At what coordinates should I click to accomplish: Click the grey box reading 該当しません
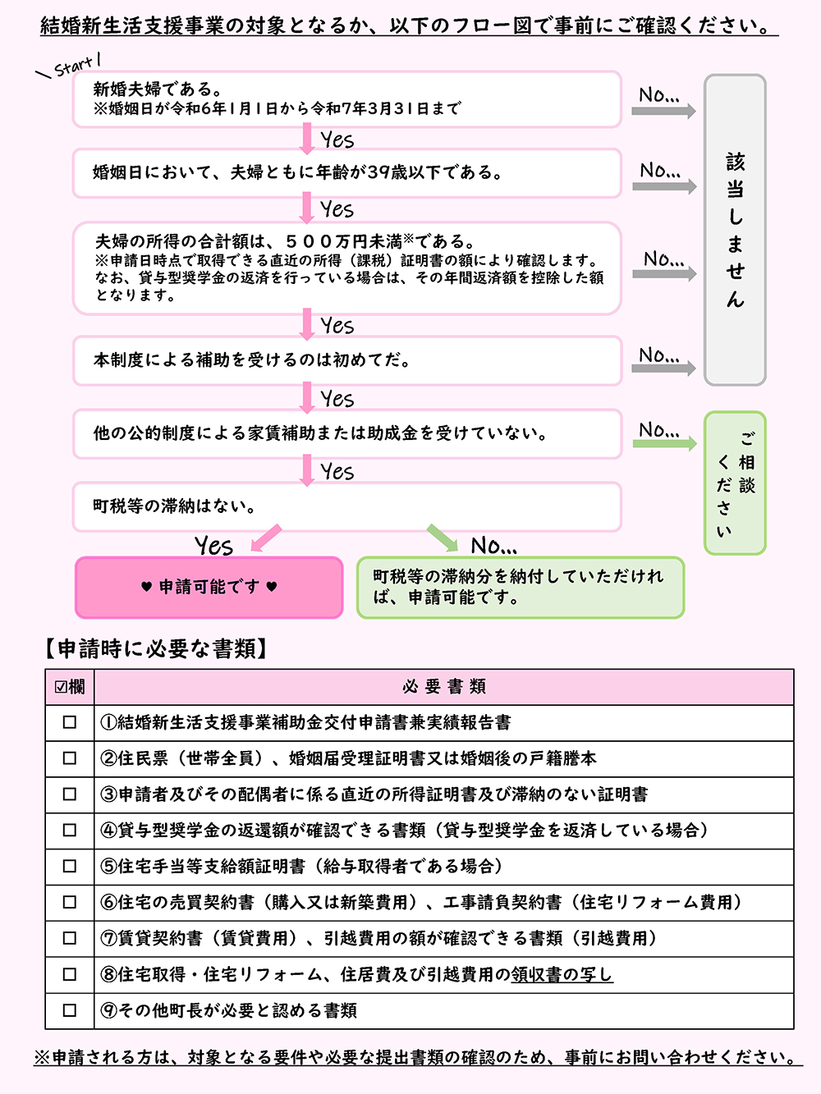pos(735,230)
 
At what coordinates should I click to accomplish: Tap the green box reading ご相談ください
pos(735,483)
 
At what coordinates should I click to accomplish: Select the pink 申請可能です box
pos(209,587)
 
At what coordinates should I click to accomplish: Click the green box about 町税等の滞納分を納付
pos(520,587)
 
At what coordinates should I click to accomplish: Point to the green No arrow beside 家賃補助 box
pos(663,444)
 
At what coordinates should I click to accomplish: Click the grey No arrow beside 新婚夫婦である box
pos(663,111)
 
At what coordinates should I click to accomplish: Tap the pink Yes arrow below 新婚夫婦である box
pos(307,139)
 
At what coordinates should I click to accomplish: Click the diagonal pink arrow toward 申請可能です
pos(266,538)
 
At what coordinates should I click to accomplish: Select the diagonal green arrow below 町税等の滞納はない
pos(443,538)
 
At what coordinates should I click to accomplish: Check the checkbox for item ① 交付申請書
pos(70,722)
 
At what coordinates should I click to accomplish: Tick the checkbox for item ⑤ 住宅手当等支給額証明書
pos(70,866)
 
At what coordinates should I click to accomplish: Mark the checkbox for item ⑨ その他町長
pos(70,1010)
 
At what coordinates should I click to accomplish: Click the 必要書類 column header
pos(444,686)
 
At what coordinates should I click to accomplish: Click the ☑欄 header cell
pos(70,686)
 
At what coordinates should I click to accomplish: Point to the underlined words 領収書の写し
pos(562,974)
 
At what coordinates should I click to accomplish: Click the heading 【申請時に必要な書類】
pos(156,648)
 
